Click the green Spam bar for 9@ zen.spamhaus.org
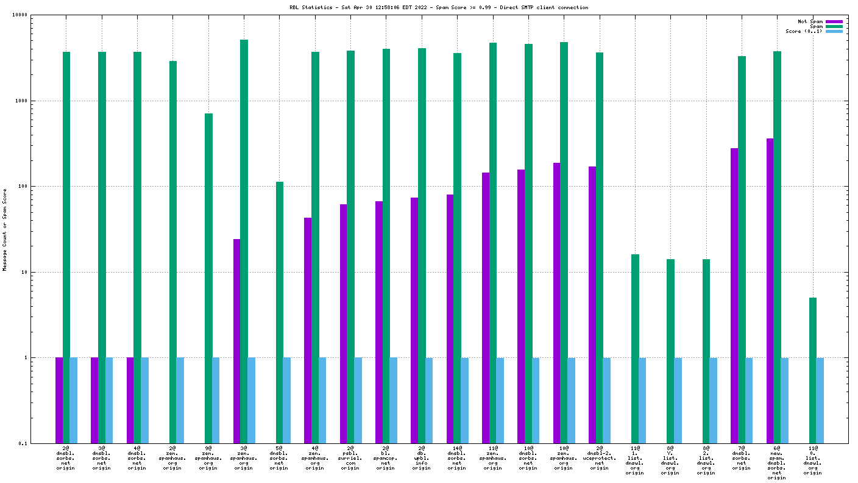pyautogui.click(x=208, y=277)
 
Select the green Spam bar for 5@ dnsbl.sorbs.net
pyautogui.click(x=280, y=312)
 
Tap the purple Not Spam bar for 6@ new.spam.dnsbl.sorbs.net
pyautogui.click(x=770, y=290)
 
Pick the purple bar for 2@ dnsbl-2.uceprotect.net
pyautogui.click(x=592, y=304)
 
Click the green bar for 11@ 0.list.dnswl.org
pyautogui.click(x=813, y=370)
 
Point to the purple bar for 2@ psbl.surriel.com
pyautogui.click(x=344, y=323)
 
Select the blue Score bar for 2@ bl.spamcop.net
pyautogui.click(x=394, y=400)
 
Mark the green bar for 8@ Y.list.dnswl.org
pyautogui.click(x=671, y=351)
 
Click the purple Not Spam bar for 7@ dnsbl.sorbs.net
pyautogui.click(x=734, y=295)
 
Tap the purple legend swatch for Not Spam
pyautogui.click(x=834, y=21)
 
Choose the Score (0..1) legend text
pyautogui.click(x=804, y=31)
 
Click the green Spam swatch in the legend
pyautogui.click(x=834, y=26)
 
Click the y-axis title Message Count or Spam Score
pyautogui.click(x=5, y=229)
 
